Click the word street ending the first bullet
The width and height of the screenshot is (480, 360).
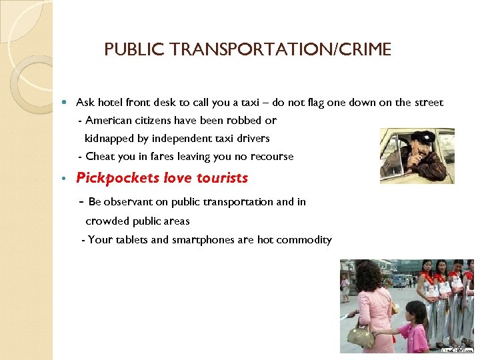point(427,103)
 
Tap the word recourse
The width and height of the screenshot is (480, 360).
point(270,157)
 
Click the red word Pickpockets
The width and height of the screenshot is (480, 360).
point(117,178)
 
